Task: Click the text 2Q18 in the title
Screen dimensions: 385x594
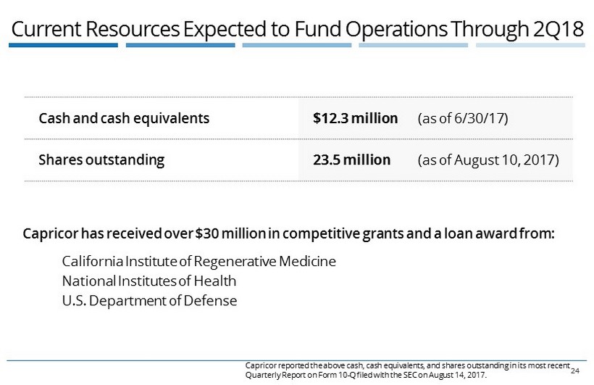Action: pos(559,28)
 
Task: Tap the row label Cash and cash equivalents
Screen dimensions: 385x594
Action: pos(124,117)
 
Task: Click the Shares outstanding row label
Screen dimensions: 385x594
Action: pos(101,159)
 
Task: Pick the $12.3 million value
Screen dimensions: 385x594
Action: pos(355,117)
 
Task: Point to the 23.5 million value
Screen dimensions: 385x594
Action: pos(351,159)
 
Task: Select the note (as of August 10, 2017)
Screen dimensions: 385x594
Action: pos(488,159)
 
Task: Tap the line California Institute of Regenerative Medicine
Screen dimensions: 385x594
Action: pos(199,261)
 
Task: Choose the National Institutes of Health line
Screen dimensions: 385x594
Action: pos(149,281)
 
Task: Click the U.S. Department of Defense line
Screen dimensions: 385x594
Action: pos(149,300)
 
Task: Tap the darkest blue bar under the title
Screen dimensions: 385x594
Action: pos(64,45)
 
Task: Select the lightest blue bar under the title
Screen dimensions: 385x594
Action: pos(530,45)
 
